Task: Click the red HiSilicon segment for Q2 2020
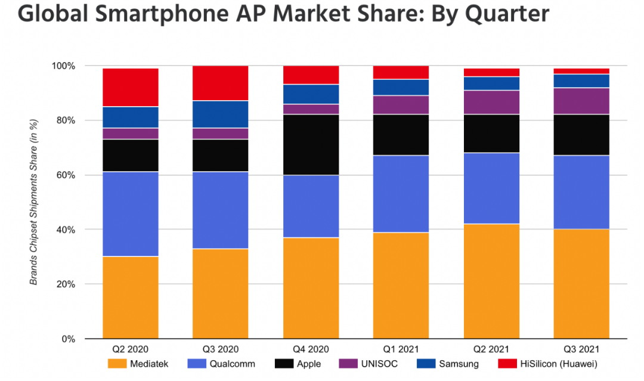click(130, 87)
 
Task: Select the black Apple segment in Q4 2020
click(311, 144)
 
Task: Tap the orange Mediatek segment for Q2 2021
click(491, 281)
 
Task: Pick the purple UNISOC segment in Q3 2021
click(581, 101)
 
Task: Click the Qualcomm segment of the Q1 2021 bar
click(401, 194)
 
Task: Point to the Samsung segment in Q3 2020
click(220, 114)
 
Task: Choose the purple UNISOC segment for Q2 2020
click(130, 134)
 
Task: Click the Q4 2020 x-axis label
click(311, 349)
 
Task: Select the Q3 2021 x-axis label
click(581, 349)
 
